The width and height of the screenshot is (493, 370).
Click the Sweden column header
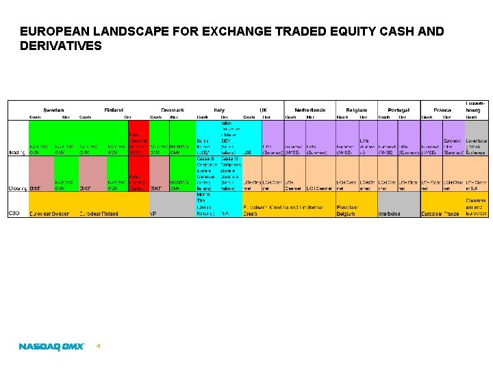tap(53, 110)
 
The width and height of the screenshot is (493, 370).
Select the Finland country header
tap(114, 110)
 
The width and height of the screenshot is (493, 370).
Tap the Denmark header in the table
tap(173, 110)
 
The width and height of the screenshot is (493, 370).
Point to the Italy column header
tap(218, 110)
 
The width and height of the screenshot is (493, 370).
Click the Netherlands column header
tap(310, 110)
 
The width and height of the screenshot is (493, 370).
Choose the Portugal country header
tap(399, 110)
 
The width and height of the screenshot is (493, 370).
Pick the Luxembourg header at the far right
tap(477, 106)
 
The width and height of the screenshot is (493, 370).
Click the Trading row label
tap(17, 151)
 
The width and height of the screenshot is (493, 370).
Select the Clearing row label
tap(17, 187)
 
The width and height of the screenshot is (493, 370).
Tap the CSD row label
tap(13, 213)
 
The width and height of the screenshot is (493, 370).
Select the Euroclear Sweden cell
tap(50, 213)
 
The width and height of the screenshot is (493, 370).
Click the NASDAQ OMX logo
tap(51, 347)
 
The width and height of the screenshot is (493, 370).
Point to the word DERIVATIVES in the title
tap(61, 46)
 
